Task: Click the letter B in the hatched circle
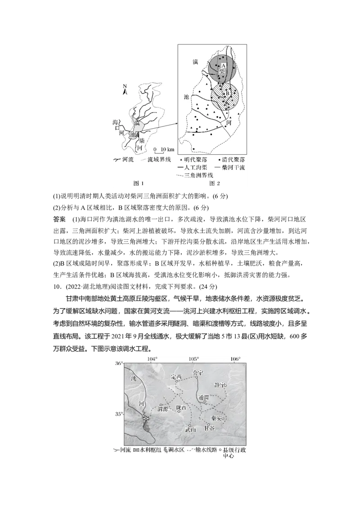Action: [x=228, y=94]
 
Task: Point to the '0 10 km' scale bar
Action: [x=163, y=149]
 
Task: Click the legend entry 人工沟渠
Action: [x=193, y=167]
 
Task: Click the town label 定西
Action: [x=176, y=377]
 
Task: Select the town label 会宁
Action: [x=198, y=373]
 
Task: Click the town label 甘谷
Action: [x=209, y=428]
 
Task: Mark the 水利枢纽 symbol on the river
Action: [x=145, y=418]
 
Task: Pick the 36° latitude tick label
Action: [x=119, y=363]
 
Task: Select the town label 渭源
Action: [x=162, y=409]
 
